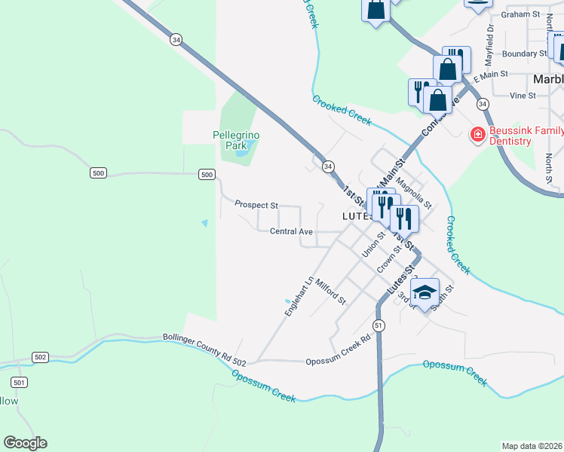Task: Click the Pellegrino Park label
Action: (235, 139)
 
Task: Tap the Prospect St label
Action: (256, 204)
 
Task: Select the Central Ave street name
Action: (291, 231)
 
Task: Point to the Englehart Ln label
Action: (298, 298)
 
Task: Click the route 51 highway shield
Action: (379, 325)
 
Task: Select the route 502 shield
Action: (41, 356)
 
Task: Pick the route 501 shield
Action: (20, 382)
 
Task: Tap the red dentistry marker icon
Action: (477, 135)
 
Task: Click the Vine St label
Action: (522, 96)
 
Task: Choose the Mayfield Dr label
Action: (489, 43)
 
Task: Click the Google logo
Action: (25, 443)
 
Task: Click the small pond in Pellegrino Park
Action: (241, 152)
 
